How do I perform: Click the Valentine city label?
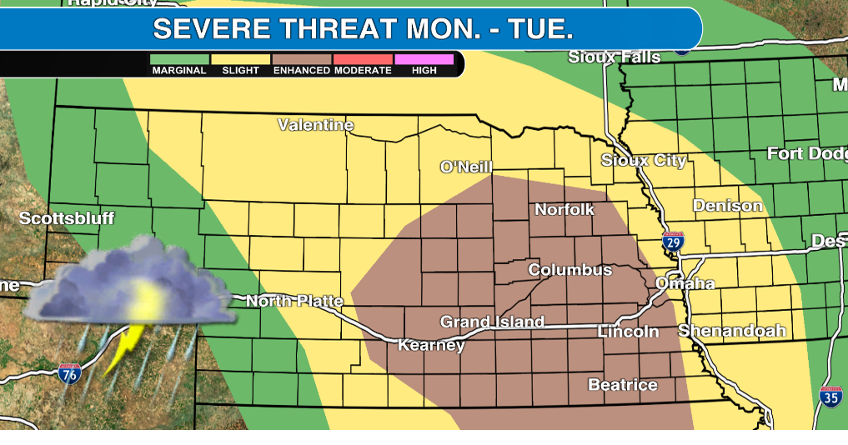click(x=315, y=125)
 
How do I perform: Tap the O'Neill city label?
click(x=466, y=167)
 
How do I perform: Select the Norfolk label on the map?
click(x=564, y=209)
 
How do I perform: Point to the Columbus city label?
click(x=570, y=270)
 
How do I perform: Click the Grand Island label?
click(x=492, y=322)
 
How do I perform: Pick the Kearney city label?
click(x=431, y=344)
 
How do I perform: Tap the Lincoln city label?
click(x=628, y=332)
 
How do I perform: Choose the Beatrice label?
click(x=622, y=384)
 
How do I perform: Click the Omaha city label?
click(x=685, y=283)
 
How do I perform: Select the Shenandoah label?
click(x=731, y=331)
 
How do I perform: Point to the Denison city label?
click(x=727, y=205)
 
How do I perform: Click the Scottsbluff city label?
click(x=66, y=218)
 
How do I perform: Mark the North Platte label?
click(x=294, y=301)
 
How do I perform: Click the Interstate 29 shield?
click(x=673, y=242)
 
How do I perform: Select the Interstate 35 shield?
click(x=830, y=397)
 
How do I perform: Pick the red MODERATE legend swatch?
click(x=363, y=59)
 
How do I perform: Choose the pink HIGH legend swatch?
click(x=424, y=59)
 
